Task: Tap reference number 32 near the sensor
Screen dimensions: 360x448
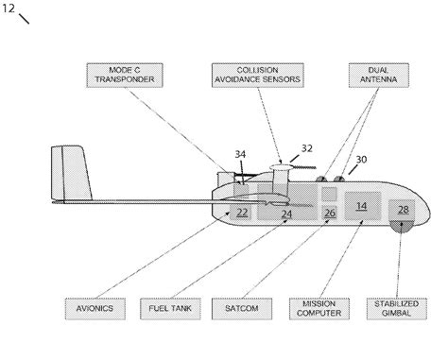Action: coord(306,148)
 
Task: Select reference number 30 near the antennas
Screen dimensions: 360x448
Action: coord(362,162)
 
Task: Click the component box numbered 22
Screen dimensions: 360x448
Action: coord(242,212)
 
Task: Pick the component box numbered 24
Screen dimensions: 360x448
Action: coord(285,214)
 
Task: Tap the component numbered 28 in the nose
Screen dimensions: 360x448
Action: coord(403,210)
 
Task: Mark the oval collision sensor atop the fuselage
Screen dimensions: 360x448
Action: coord(282,168)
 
